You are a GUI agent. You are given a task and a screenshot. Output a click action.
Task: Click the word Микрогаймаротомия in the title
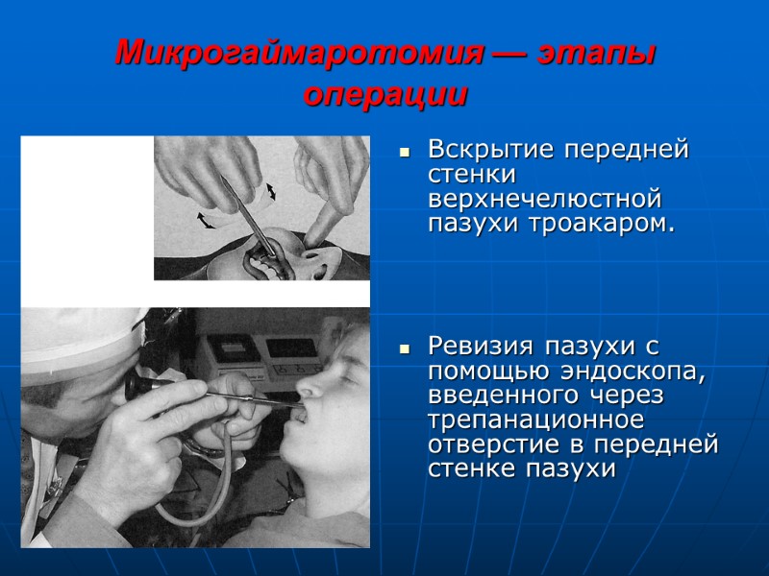click(298, 54)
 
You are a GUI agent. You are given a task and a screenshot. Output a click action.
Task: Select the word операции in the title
click(384, 96)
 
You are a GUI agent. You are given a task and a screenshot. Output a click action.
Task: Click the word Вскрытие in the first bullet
click(487, 152)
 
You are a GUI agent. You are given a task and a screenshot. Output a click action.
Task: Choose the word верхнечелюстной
click(545, 201)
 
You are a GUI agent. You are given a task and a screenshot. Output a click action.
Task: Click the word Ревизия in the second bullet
click(481, 345)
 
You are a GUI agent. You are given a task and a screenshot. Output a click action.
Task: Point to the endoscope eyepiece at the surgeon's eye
click(136, 386)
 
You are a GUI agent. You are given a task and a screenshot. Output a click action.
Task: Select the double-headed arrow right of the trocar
click(271, 190)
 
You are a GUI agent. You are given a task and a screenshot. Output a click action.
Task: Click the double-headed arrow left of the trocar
click(206, 220)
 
